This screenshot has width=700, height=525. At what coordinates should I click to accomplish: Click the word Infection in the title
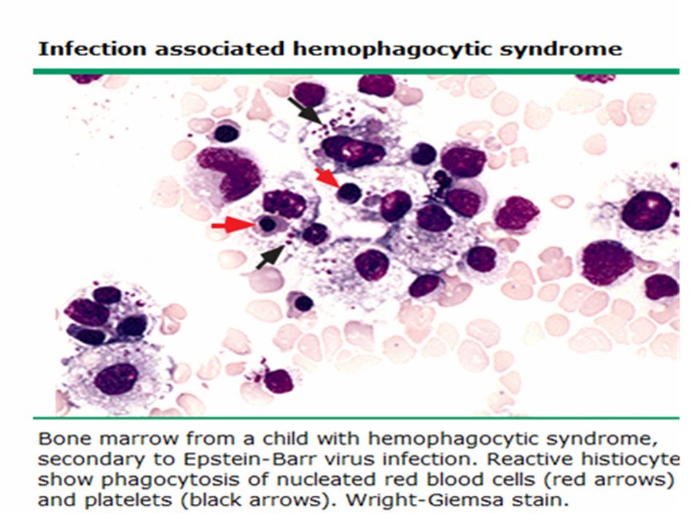(x=92, y=49)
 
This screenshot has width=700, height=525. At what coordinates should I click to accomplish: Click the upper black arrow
(x=305, y=111)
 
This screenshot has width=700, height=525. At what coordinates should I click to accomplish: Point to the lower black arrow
(x=271, y=257)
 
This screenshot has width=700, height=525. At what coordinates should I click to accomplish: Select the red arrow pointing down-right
(x=327, y=178)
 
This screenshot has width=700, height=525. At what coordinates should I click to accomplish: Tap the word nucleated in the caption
(x=327, y=480)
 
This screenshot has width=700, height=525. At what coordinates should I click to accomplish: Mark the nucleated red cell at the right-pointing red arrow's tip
(x=268, y=225)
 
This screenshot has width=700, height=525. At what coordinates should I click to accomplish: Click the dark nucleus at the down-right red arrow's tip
(x=349, y=193)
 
